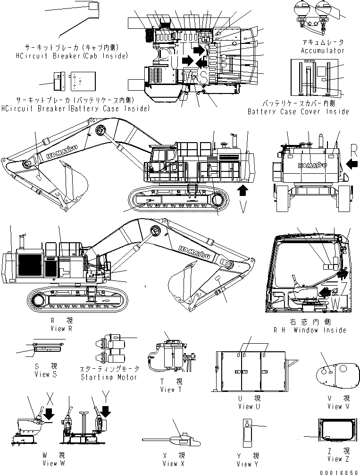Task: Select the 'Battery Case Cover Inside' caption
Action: point(298,112)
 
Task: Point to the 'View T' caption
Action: point(170,389)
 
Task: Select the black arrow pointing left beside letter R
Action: point(352,164)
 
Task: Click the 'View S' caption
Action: point(45,374)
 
